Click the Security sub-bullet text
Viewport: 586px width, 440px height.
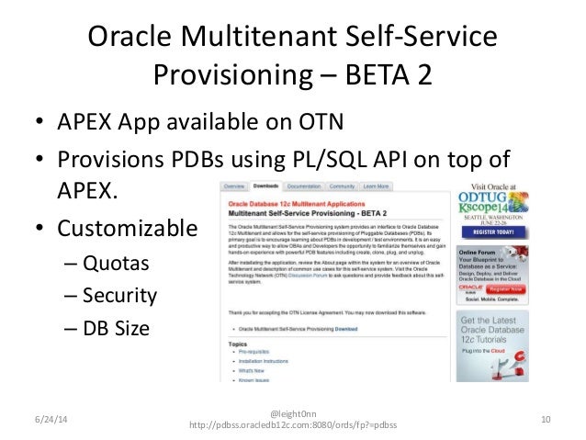click(x=124, y=297)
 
